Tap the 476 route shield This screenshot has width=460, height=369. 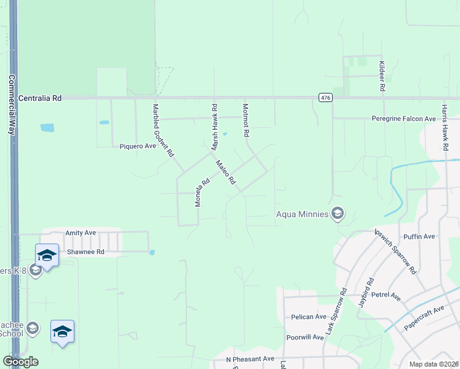325,98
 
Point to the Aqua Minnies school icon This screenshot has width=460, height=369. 337,213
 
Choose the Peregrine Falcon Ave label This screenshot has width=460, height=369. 404,119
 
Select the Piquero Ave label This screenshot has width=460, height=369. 138,146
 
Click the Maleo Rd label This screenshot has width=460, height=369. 225,172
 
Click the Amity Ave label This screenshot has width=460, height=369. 81,233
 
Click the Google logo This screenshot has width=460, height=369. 20,362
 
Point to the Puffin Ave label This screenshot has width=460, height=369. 419,236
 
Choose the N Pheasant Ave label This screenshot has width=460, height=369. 250,359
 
